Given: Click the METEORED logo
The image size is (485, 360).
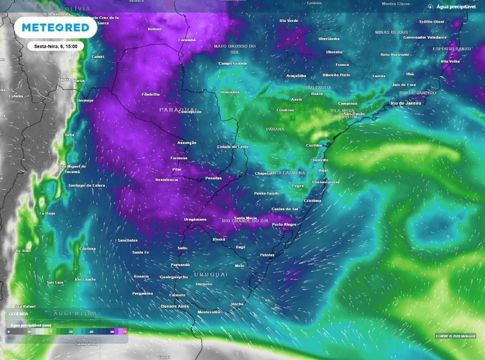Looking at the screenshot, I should pyautogui.click(x=55, y=28).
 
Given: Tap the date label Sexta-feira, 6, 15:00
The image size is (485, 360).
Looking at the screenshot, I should pyautogui.click(x=56, y=46).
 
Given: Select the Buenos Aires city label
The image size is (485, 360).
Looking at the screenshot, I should pyautogui.click(x=175, y=306).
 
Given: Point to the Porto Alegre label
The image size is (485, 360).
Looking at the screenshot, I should pyautogui.click(x=284, y=225).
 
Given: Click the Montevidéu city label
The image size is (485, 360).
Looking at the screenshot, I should pyautogui.click(x=209, y=312).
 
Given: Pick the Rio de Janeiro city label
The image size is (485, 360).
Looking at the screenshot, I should pyautogui.click(x=405, y=103).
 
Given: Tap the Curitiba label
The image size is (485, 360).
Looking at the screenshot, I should pyautogui.click(x=314, y=145).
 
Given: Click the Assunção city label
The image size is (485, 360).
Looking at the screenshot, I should pyautogui.click(x=187, y=143).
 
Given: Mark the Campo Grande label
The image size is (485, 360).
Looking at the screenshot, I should pyautogui.click(x=233, y=63).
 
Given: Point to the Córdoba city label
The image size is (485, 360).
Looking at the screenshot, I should pyautogui.click(x=87, y=249).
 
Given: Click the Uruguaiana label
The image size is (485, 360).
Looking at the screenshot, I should pyautogui.click(x=195, y=220).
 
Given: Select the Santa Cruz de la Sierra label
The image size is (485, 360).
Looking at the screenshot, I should pyautogui.click(x=102, y=20).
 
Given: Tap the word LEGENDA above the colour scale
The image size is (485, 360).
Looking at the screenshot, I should pyautogui.click(x=18, y=314).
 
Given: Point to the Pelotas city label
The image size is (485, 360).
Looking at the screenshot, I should pyautogui.click(x=268, y=255).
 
